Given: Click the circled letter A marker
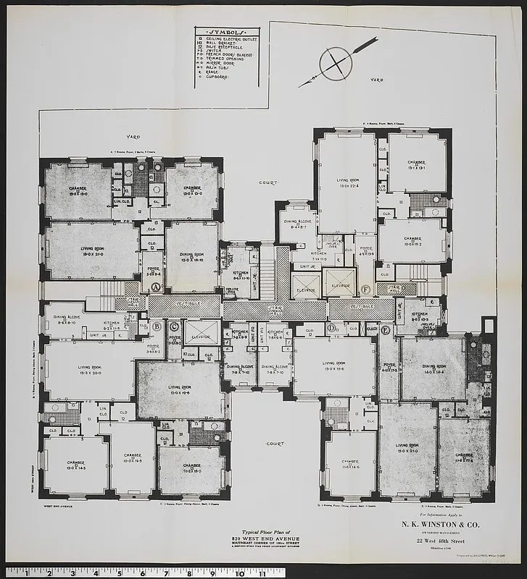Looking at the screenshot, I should click(155, 287).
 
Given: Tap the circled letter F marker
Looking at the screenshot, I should click(365, 291).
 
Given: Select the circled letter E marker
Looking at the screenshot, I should click(385, 330).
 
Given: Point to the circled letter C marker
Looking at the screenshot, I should click(173, 326).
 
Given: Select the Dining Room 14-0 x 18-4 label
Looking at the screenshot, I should click(433, 368).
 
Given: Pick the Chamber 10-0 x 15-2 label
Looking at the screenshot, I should click(412, 240).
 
